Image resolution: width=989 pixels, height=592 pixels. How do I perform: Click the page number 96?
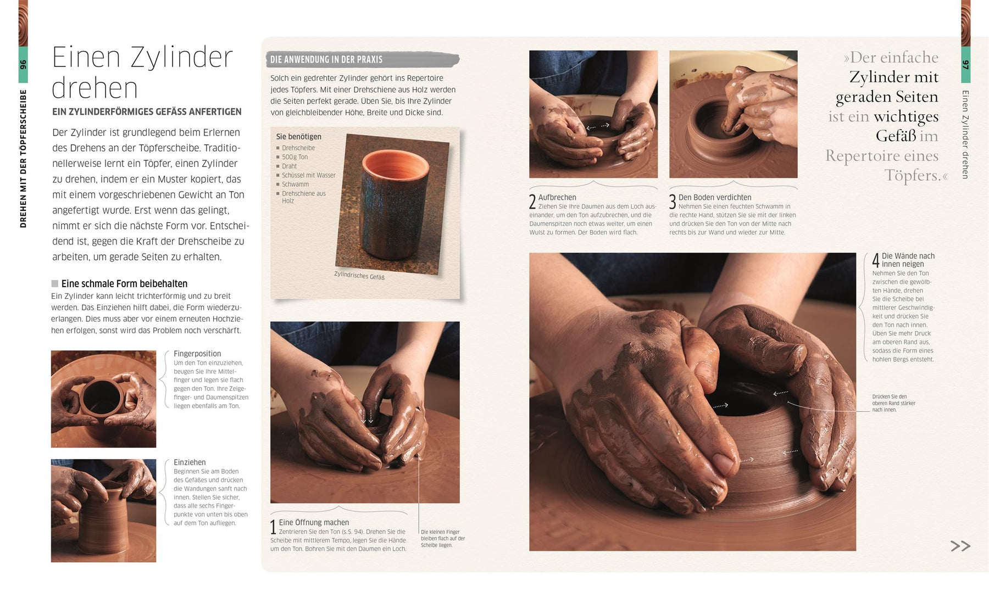(x=23, y=64)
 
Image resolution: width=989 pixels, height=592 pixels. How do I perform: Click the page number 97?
(x=965, y=65)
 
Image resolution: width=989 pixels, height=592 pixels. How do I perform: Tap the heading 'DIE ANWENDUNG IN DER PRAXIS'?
(x=326, y=59)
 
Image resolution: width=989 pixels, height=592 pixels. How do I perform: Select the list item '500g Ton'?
(x=295, y=157)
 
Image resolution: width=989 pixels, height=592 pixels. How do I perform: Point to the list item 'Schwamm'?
(x=295, y=185)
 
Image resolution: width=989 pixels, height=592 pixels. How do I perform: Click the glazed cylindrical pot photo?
(x=392, y=203)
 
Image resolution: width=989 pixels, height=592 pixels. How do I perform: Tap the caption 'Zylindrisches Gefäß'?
(x=359, y=276)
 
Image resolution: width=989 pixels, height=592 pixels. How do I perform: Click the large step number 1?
(x=273, y=527)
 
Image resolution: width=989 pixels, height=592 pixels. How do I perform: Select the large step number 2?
(x=532, y=202)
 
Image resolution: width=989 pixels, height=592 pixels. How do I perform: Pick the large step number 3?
(x=673, y=202)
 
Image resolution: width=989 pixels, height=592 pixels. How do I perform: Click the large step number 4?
(x=876, y=260)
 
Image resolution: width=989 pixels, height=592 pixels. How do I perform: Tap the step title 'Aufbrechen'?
(x=557, y=198)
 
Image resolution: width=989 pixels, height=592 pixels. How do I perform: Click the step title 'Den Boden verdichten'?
(x=715, y=198)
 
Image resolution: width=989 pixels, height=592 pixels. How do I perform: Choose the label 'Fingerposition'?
(x=197, y=354)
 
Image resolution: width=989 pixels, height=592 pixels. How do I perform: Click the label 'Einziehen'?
(x=190, y=463)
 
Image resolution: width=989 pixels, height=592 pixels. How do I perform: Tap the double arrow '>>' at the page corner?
(x=960, y=546)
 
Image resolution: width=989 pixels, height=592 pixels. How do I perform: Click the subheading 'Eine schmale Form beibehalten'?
(x=124, y=284)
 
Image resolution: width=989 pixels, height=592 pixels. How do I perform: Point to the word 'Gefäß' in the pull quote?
(x=896, y=136)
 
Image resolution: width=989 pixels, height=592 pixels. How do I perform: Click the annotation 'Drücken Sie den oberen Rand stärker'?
(x=893, y=400)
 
